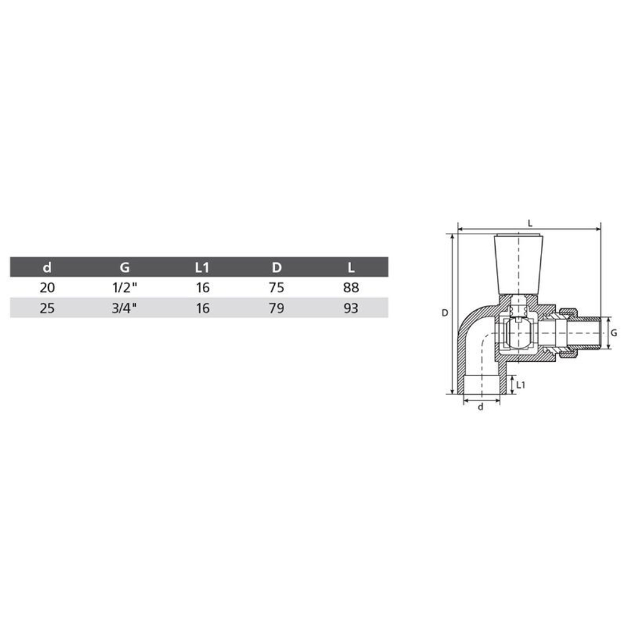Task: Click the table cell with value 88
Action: pyautogui.click(x=351, y=287)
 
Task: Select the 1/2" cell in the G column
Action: pyautogui.click(x=124, y=287)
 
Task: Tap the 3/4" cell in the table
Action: pyautogui.click(x=124, y=308)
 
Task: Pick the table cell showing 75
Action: pyautogui.click(x=276, y=287)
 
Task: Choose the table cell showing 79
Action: pyautogui.click(x=276, y=308)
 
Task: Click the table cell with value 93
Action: pyautogui.click(x=351, y=308)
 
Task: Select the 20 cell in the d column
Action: pyautogui.click(x=47, y=287)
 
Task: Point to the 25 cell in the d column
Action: pyautogui.click(x=47, y=308)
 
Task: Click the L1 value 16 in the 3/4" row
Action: pyautogui.click(x=202, y=308)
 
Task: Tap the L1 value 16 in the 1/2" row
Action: pyautogui.click(x=202, y=287)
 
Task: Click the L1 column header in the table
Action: pyautogui.click(x=201, y=267)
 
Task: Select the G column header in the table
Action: pyautogui.click(x=124, y=267)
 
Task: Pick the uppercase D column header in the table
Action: pyautogui.click(x=276, y=267)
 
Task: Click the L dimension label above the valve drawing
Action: pyautogui.click(x=530, y=223)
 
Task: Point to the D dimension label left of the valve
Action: pyautogui.click(x=444, y=313)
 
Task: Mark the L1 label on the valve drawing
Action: pyautogui.click(x=521, y=383)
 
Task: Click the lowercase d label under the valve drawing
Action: pyautogui.click(x=481, y=408)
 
